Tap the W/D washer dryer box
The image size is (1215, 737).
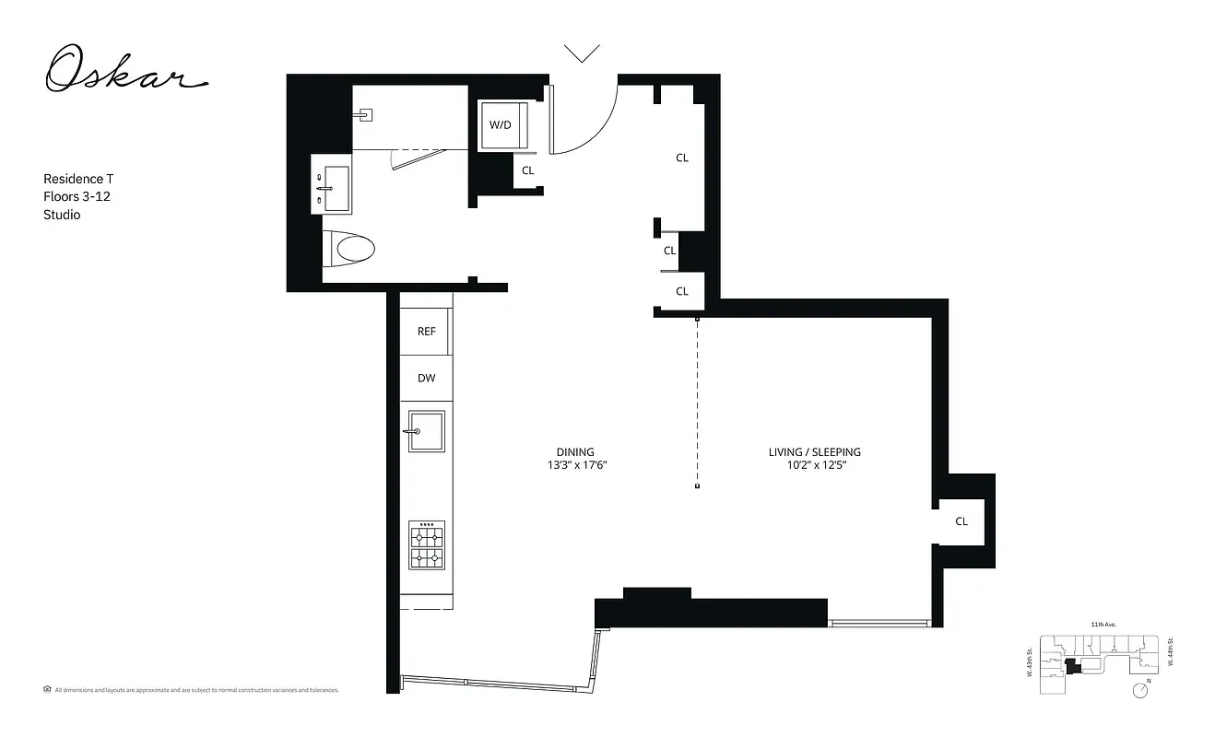[500, 124]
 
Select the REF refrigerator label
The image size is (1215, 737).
[426, 332]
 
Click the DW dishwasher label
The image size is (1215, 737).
[426, 379]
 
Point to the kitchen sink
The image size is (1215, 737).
[426, 431]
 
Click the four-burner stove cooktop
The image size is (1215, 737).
[427, 545]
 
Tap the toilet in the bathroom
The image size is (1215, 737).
[351, 248]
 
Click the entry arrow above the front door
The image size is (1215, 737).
[582, 53]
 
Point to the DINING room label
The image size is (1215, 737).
[575, 452]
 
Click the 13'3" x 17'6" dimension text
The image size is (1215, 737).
[575, 466]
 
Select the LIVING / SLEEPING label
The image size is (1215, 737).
[814, 452]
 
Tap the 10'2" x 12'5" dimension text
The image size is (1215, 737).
[814, 466]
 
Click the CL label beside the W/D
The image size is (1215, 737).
[528, 170]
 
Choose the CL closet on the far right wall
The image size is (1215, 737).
[961, 521]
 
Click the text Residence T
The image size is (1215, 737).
[78, 179]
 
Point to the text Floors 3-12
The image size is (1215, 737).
[77, 196]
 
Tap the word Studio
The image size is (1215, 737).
[62, 215]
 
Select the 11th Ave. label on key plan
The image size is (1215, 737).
[1103, 625]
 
